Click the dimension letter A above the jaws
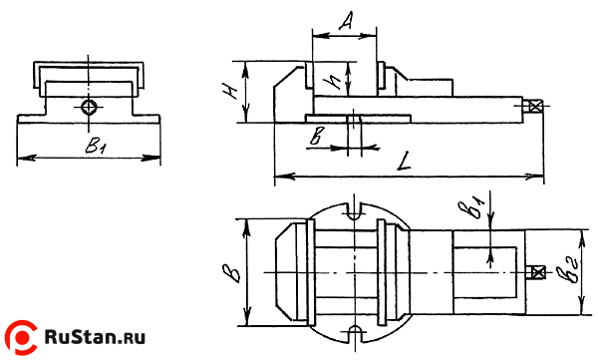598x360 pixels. [345, 21]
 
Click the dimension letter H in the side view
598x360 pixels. [230, 91]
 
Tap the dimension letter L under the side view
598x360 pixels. [404, 162]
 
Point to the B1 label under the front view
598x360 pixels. [96, 145]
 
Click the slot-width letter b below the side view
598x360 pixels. [316, 136]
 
